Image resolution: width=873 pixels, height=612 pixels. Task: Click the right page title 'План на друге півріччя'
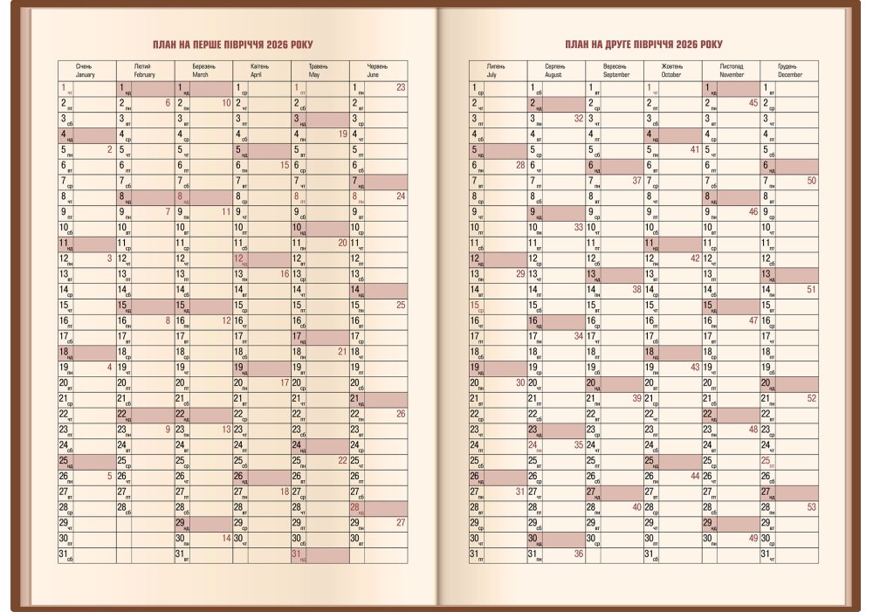[x=643, y=45]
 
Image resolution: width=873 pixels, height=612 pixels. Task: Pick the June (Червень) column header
[x=378, y=71]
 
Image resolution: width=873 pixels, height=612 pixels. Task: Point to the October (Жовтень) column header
[x=672, y=71]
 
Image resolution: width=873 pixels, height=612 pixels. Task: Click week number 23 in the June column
[x=400, y=87]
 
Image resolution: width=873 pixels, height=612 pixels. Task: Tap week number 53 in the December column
[x=811, y=507]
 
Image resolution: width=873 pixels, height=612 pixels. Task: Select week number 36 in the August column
[x=578, y=554]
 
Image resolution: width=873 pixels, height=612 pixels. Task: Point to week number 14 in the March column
[x=225, y=539]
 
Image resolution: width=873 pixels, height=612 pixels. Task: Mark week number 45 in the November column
[x=753, y=103]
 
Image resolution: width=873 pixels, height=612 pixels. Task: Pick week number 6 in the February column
[x=167, y=103]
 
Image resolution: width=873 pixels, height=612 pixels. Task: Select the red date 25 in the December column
[x=766, y=460]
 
